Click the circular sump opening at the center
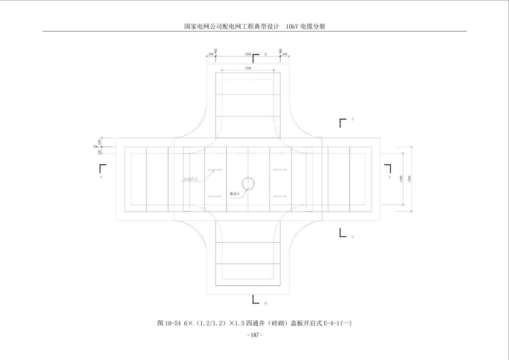248,184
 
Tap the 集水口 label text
235,194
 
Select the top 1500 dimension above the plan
248,54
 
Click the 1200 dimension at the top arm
248,69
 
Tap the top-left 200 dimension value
211,54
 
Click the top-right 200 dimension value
285,54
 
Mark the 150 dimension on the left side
100,152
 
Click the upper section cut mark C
343,122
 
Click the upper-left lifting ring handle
215,170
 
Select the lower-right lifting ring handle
280,197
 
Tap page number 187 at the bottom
255,335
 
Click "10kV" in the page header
292,27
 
